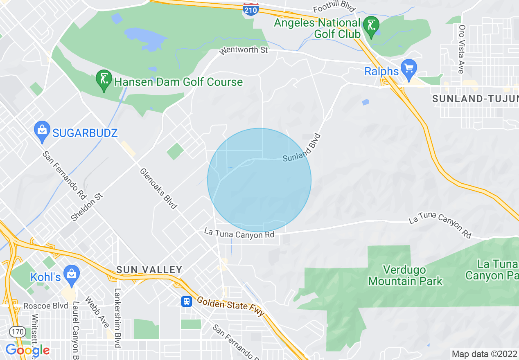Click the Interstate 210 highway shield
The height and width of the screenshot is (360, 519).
pyautogui.click(x=250, y=9)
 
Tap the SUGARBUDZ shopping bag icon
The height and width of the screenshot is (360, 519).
pyautogui.click(x=42, y=130)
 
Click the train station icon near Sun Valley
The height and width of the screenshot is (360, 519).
pyautogui.click(x=186, y=301)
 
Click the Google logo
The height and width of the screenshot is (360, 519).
pyautogui.click(x=27, y=350)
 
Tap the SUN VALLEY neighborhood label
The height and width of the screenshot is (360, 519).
pyautogui.click(x=149, y=270)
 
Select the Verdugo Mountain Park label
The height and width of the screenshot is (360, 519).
pyautogui.click(x=405, y=275)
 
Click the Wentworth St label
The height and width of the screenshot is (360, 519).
pyautogui.click(x=244, y=50)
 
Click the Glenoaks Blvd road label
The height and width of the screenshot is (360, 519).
pyautogui.click(x=158, y=189)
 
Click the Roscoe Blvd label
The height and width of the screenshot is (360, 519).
pyautogui.click(x=45, y=306)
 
